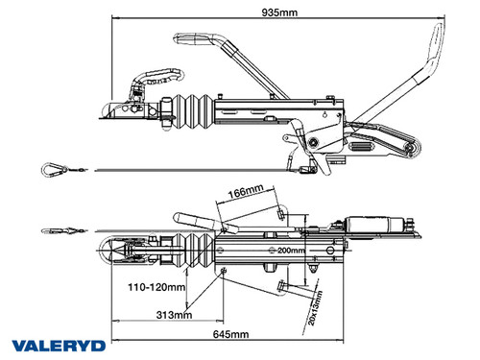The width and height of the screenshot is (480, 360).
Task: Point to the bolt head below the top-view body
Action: click(x=282, y=289)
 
